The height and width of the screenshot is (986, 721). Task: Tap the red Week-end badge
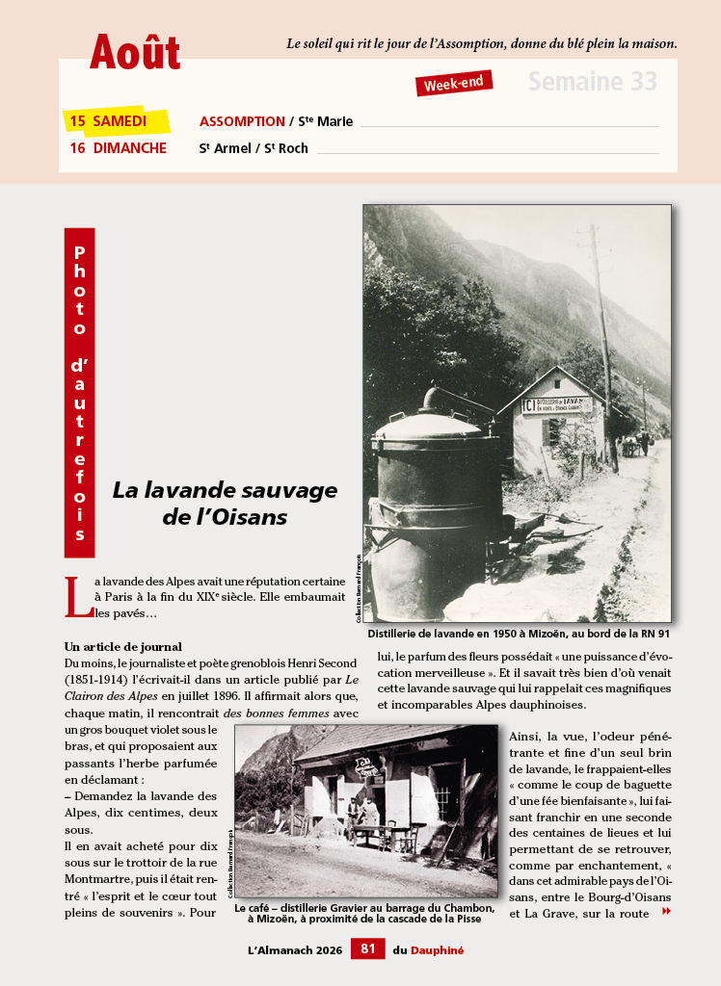click(x=454, y=84)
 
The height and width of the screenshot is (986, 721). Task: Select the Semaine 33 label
click(x=592, y=82)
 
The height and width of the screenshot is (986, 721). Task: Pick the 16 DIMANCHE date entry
click(x=118, y=148)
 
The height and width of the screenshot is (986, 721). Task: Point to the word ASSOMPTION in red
click(x=242, y=121)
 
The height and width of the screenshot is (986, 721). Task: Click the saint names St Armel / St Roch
click(x=254, y=148)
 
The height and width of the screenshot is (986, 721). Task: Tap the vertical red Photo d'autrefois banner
click(x=79, y=392)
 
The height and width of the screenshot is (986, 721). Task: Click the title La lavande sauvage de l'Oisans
click(x=225, y=503)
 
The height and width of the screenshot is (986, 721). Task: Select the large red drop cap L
click(x=77, y=597)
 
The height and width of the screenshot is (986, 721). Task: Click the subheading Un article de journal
click(x=122, y=646)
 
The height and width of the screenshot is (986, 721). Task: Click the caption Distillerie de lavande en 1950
click(x=519, y=635)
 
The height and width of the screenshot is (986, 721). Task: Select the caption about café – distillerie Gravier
click(x=365, y=913)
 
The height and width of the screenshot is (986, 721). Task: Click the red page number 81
click(x=367, y=949)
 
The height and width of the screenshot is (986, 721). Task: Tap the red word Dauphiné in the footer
click(x=437, y=950)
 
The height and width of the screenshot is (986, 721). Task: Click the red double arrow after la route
click(x=666, y=911)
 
